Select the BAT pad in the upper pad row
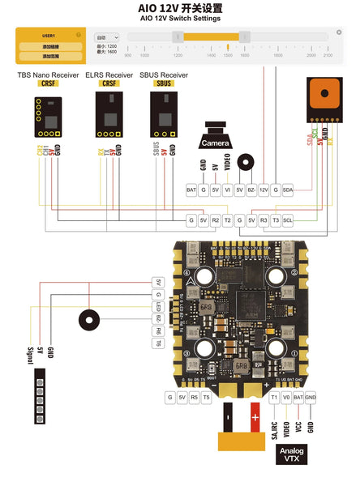pos(191,190)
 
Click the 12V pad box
pos(264,190)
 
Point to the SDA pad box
pos(288,190)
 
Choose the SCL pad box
pos(288,220)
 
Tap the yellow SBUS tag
pos(163,83)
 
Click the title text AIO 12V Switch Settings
pos(180,17)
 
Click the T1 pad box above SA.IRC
pos(274,397)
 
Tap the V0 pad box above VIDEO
pos(286,397)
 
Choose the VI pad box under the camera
pos(227,190)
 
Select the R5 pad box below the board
pos(195,397)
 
